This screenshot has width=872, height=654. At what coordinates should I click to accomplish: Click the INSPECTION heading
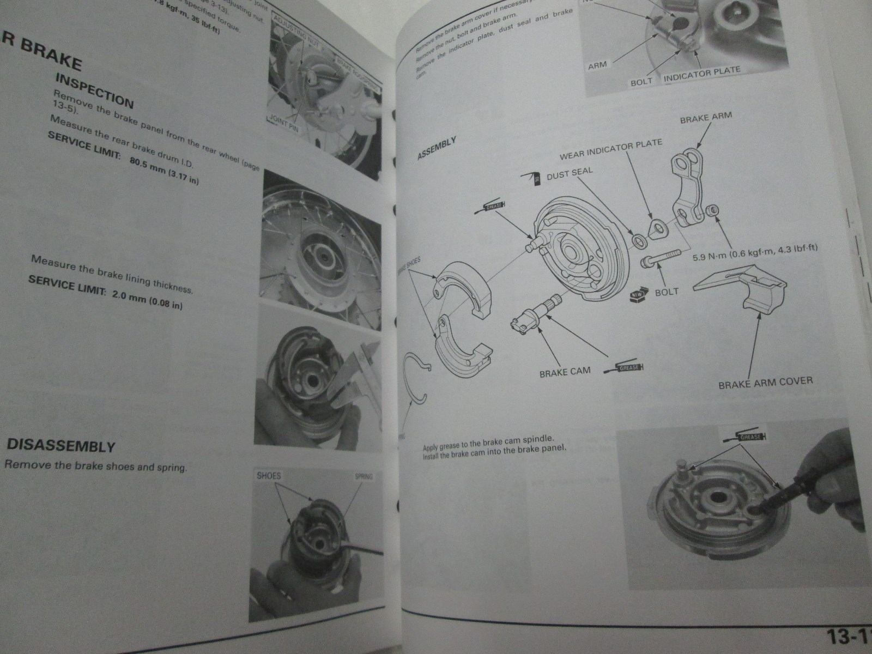coord(94,91)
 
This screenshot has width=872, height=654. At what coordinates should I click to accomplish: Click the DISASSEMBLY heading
coord(60,445)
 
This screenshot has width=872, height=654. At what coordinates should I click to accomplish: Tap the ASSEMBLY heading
coord(437,148)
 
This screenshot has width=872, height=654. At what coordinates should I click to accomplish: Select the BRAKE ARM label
coord(706,117)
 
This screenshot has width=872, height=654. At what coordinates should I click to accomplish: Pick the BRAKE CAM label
coord(565,373)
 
